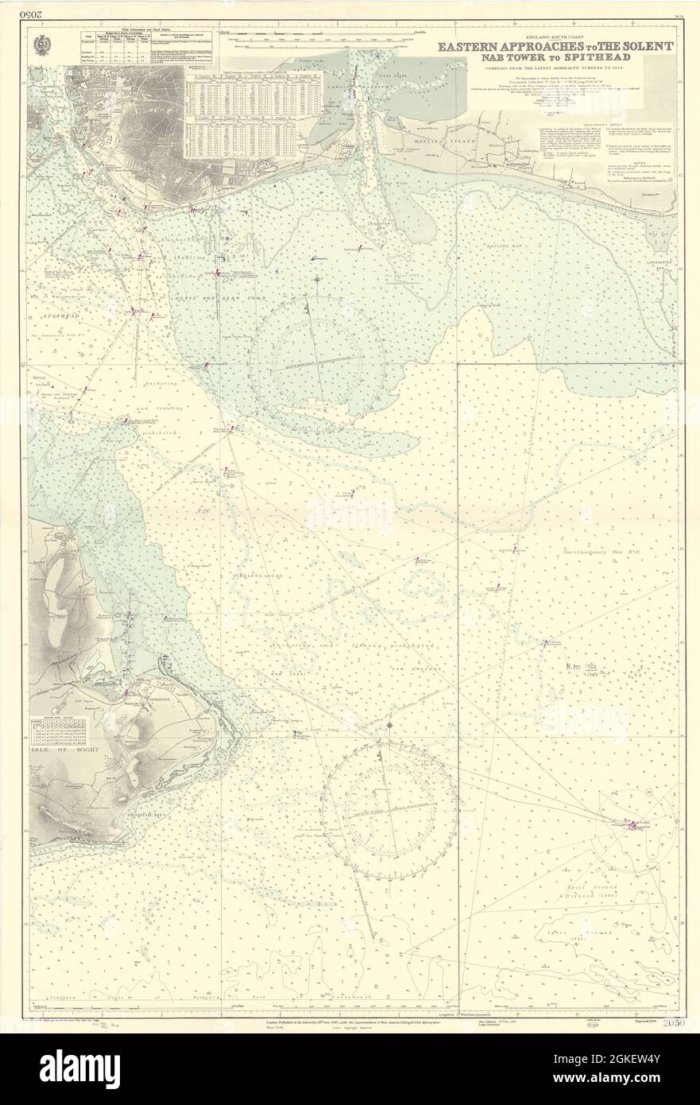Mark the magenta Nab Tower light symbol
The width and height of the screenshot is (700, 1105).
click(632, 826)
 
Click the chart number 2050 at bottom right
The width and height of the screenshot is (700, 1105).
click(673, 1021)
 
